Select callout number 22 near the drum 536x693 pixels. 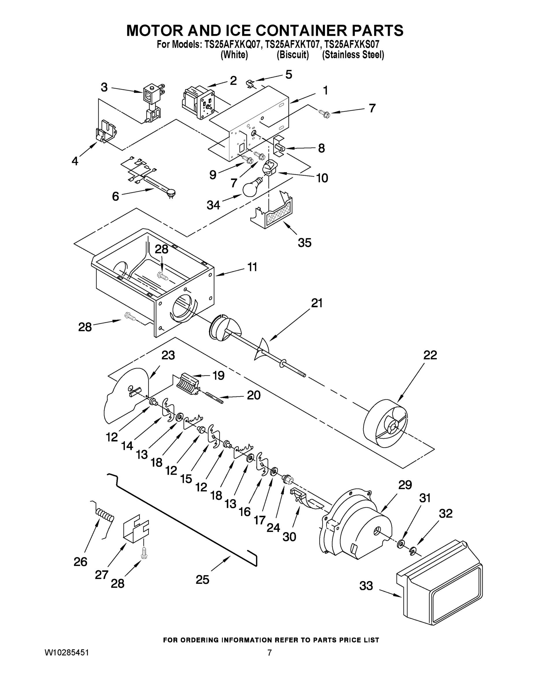tap(430, 355)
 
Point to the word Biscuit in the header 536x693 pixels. tap(292, 55)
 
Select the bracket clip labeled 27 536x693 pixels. tap(136, 530)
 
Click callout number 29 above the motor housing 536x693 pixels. tap(405, 485)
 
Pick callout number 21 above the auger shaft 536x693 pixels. tap(317, 303)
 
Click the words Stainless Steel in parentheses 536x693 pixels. tap(353, 55)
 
